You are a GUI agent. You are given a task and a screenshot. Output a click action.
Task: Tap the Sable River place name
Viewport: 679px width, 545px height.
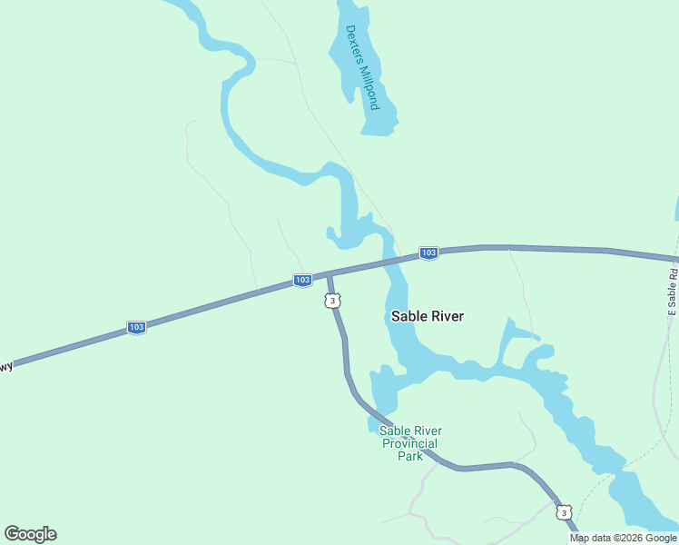coord(427,316)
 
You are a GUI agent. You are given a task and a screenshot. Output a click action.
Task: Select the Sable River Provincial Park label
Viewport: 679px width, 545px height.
coord(410,443)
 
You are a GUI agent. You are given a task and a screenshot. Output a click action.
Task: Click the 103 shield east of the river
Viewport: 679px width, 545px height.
coord(429,253)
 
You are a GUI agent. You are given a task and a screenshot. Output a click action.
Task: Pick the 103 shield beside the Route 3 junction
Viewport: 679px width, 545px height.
coord(303,281)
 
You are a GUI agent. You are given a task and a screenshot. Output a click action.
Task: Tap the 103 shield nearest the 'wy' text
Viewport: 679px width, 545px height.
coord(136,327)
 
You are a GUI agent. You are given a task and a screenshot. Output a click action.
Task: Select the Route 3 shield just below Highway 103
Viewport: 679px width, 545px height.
coord(333,301)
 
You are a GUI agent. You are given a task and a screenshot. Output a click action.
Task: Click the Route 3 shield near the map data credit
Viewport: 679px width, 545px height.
coord(565,513)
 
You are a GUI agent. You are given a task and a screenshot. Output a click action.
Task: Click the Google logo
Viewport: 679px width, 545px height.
coord(30,534)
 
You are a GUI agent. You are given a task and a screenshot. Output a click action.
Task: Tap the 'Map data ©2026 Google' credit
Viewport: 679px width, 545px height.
coord(624,538)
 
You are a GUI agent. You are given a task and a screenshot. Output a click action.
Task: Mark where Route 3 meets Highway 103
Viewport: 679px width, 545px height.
coord(329,274)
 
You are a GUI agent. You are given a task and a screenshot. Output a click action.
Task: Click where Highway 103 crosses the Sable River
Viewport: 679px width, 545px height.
coord(390,261)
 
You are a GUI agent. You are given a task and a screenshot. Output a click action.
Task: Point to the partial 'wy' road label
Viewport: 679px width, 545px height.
coord(6,366)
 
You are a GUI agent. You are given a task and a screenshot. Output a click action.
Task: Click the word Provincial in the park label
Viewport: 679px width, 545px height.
coord(411,443)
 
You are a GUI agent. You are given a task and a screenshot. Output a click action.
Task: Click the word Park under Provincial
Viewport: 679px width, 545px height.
coord(410,456)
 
